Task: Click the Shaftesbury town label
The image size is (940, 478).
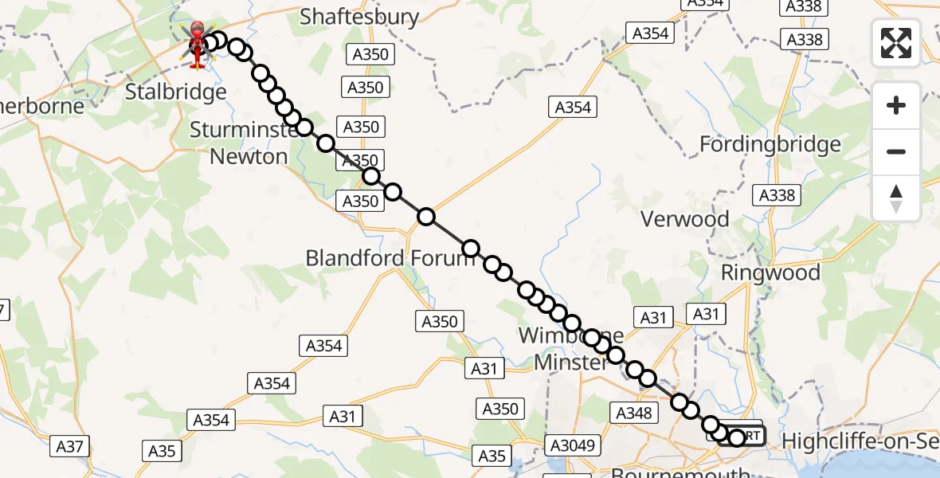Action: click(x=359, y=18)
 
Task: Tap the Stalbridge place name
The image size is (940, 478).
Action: click(x=176, y=92)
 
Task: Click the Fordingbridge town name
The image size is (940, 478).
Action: click(x=770, y=144)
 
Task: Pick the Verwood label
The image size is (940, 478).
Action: click(x=685, y=219)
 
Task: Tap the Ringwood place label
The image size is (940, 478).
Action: click(x=770, y=272)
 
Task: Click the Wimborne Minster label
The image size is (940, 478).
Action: click(x=570, y=349)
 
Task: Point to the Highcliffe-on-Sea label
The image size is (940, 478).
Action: click(x=860, y=441)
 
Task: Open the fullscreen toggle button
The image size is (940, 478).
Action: click(x=896, y=43)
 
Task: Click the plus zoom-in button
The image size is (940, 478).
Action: click(x=896, y=105)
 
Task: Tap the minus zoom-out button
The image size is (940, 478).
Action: click(x=896, y=151)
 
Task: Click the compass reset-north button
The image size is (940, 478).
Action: click(x=896, y=198)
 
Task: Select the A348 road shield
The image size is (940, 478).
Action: click(x=634, y=413)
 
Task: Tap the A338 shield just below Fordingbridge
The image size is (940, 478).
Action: click(x=777, y=195)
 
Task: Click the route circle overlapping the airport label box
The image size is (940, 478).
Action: click(x=737, y=437)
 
